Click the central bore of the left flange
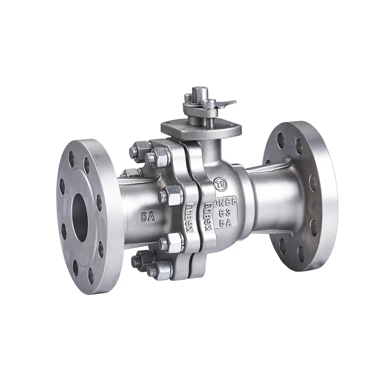[x=80, y=216]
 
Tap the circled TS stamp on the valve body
[x=222, y=184]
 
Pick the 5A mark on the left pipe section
[x=148, y=217]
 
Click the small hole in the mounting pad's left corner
[x=167, y=127]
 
